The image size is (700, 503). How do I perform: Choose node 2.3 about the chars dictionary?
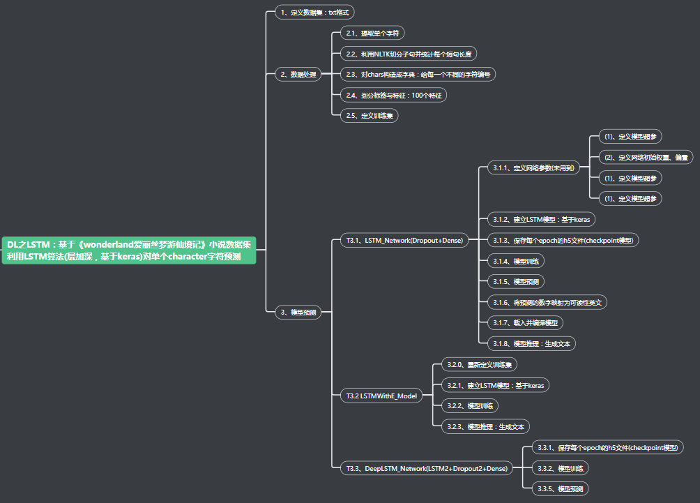418,74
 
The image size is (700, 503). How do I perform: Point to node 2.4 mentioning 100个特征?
394,95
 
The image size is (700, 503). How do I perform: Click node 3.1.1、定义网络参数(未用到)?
533,167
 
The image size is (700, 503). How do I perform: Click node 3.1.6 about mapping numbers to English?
547,302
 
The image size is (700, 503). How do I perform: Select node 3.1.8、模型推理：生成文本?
531,343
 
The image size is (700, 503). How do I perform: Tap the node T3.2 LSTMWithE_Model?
381,396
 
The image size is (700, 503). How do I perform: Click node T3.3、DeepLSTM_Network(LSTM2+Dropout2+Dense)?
427,468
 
